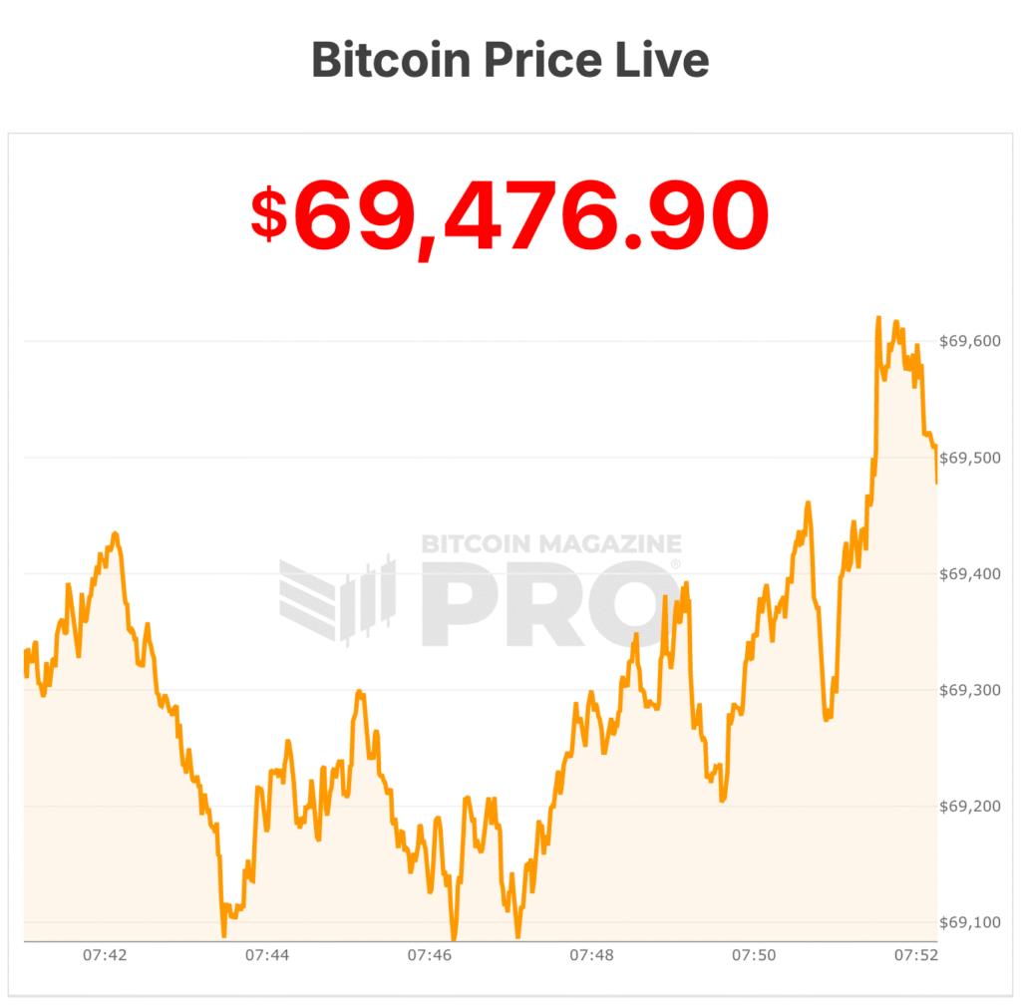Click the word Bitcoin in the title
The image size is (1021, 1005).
click(390, 60)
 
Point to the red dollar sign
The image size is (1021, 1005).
click(267, 215)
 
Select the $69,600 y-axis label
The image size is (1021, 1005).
click(970, 341)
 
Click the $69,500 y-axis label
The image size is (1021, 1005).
click(970, 458)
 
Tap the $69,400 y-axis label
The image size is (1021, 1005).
click(970, 573)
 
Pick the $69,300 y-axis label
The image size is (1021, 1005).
click(970, 690)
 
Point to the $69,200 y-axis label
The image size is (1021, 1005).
click(970, 806)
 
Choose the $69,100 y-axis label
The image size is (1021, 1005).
click(970, 922)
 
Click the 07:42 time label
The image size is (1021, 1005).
click(105, 955)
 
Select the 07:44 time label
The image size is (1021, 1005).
click(267, 955)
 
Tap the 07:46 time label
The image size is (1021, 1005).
click(429, 955)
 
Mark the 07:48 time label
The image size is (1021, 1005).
click(591, 955)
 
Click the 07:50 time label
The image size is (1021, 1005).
click(754, 955)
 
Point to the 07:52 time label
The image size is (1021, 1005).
click(915, 955)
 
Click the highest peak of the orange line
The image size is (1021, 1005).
click(878, 318)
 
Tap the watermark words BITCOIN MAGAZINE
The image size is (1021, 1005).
click(551, 544)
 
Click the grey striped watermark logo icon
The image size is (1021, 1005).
click(336, 599)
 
